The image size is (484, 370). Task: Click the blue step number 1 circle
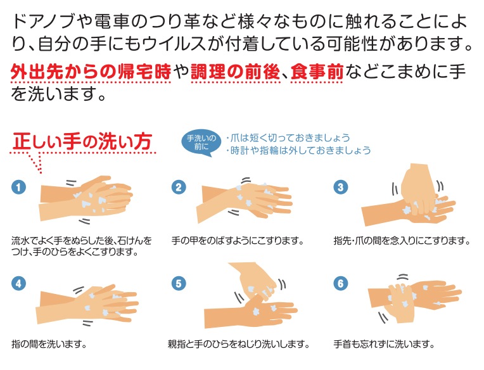[x=18, y=187]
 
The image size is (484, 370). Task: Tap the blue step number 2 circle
[x=179, y=187]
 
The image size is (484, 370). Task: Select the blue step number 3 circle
[x=341, y=187]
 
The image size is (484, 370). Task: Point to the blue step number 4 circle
[x=18, y=283]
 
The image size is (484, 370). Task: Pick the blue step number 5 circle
[x=179, y=283]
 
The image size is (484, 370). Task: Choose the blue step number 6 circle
[x=341, y=283]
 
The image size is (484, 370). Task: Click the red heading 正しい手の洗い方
[x=82, y=142]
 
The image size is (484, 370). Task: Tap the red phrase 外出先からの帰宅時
[x=91, y=72]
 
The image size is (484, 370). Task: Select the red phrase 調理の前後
[x=235, y=72]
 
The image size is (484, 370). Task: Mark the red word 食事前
[x=317, y=72]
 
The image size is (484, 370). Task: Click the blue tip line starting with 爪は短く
[x=288, y=137]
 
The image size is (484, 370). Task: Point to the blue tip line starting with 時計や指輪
[x=298, y=150]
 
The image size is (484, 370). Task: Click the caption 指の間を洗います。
[x=49, y=344]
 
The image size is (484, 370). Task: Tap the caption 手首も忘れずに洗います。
[x=384, y=344]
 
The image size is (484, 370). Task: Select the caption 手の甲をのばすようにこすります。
[x=238, y=240]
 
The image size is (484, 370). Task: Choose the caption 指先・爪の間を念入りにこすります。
[x=402, y=240]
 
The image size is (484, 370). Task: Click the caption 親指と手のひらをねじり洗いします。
[x=239, y=344]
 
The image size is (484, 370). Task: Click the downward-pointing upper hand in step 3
[x=418, y=188]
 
